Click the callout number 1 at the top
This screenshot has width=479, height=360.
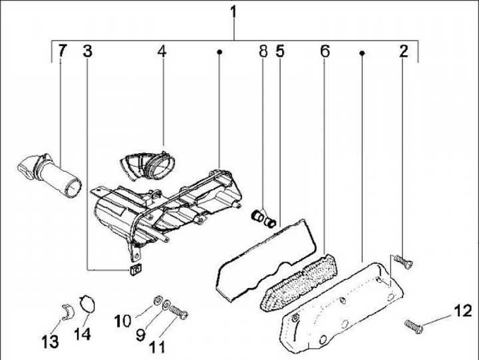(x=234, y=11)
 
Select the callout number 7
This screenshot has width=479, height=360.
(x=62, y=51)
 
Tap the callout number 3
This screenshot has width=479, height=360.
(x=88, y=51)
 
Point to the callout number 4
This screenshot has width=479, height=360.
(x=162, y=51)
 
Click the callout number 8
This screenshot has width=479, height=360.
(x=263, y=51)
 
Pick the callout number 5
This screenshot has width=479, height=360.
(x=280, y=51)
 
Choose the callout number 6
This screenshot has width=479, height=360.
(x=325, y=51)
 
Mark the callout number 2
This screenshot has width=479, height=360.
(x=403, y=51)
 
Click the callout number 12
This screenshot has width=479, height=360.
(x=461, y=311)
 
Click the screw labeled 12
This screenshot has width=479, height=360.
(x=414, y=325)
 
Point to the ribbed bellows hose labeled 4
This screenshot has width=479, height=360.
(x=148, y=164)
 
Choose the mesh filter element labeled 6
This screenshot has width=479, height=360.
(x=296, y=280)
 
